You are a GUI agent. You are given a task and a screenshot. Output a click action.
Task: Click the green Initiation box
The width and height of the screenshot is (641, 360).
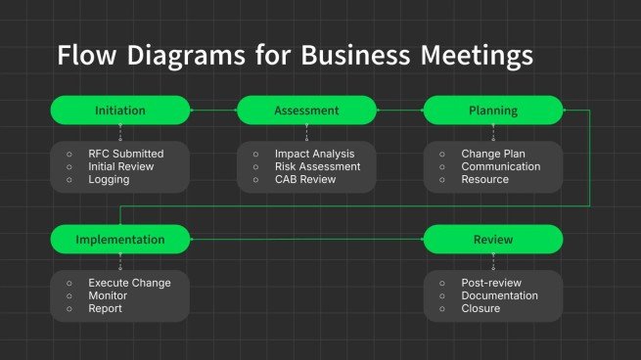pyautogui.click(x=120, y=111)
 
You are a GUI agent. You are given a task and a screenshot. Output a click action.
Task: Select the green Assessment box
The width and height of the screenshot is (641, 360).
pyautogui.click(x=306, y=111)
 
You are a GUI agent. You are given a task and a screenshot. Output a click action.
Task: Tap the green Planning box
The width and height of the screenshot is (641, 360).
pyautogui.click(x=492, y=111)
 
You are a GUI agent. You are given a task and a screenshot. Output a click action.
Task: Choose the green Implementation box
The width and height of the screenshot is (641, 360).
pyautogui.click(x=120, y=240)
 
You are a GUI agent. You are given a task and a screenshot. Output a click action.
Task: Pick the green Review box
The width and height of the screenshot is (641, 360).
pyautogui.click(x=492, y=240)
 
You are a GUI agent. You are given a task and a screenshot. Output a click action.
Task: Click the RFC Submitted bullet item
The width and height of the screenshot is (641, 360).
pyautogui.click(x=125, y=154)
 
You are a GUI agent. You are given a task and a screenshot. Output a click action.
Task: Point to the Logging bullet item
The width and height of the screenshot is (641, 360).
pyautogui.click(x=108, y=179)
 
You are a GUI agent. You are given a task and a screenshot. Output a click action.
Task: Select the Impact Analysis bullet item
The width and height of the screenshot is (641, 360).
pyautogui.click(x=314, y=154)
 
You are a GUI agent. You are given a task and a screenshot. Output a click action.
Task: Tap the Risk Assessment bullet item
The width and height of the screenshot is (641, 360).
pyautogui.click(x=317, y=166)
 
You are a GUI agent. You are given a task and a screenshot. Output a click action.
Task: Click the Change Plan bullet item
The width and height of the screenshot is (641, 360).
pyautogui.click(x=493, y=154)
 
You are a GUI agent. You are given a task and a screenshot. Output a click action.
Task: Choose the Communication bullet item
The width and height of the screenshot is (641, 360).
pyautogui.click(x=500, y=166)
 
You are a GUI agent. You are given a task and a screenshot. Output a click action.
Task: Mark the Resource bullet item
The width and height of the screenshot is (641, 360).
pyautogui.click(x=484, y=179)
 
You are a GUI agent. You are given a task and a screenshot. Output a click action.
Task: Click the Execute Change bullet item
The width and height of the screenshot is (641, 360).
pyautogui.click(x=129, y=283)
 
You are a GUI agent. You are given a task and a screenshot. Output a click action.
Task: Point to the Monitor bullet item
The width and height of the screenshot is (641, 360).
pyautogui.click(x=108, y=295)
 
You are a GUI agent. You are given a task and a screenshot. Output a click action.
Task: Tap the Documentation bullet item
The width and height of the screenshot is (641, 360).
pyautogui.click(x=499, y=295)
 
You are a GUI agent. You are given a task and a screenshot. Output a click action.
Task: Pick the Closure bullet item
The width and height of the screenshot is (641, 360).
pyautogui.click(x=481, y=308)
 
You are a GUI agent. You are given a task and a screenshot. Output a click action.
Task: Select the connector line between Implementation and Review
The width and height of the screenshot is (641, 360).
pyautogui.click(x=306, y=240)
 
